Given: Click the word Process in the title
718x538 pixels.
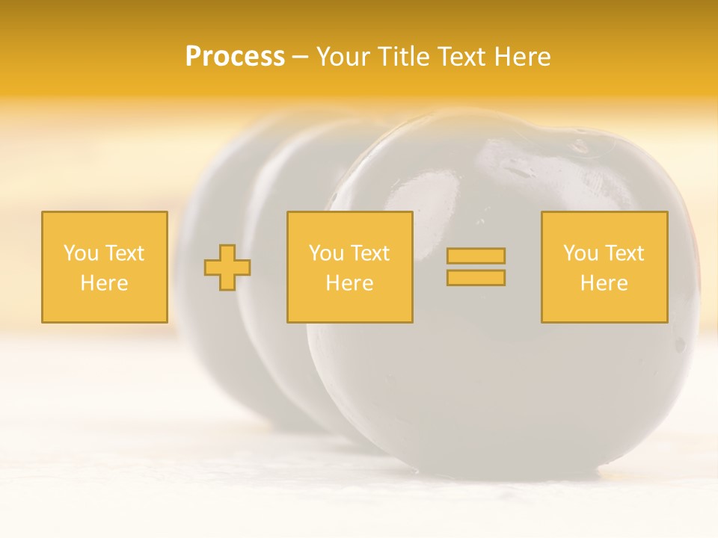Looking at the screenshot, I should (235, 56).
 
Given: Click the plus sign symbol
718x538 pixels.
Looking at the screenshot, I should (227, 268).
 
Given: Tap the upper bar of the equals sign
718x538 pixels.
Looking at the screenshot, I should (476, 256).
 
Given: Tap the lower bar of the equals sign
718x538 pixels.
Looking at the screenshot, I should (476, 277).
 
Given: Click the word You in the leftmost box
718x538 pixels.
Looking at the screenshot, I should (81, 253).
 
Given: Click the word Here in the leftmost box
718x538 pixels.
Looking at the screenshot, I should (104, 283).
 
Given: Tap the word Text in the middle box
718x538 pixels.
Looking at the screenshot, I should (369, 253).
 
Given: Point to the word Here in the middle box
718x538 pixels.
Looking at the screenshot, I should (349, 283).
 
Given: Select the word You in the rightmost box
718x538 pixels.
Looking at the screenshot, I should (580, 253).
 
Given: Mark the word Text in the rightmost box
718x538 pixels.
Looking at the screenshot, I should (624, 253).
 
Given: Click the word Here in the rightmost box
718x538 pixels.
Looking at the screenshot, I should (604, 283).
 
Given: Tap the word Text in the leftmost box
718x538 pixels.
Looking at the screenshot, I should (124, 253).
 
